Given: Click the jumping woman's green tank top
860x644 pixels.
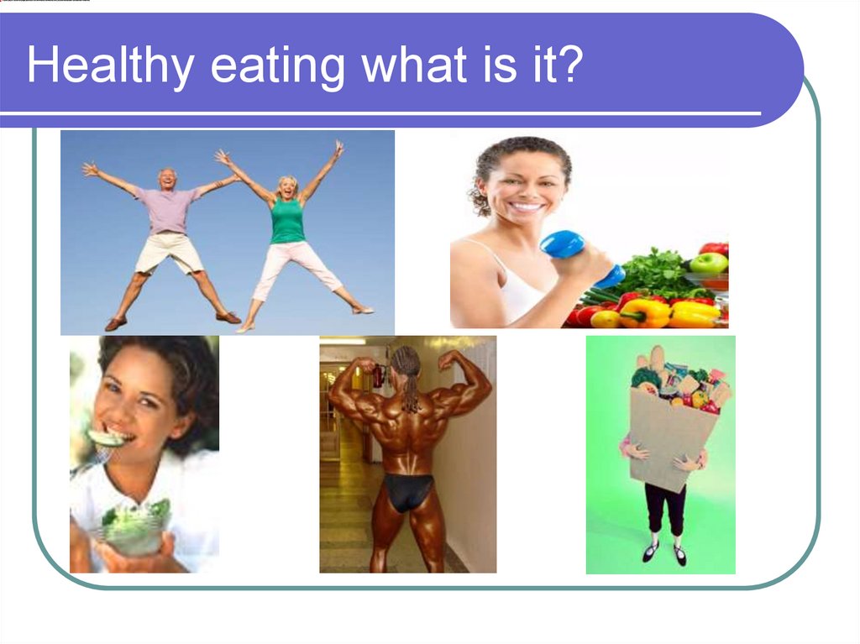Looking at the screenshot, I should [287, 221].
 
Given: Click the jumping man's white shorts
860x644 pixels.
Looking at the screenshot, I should [168, 251].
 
